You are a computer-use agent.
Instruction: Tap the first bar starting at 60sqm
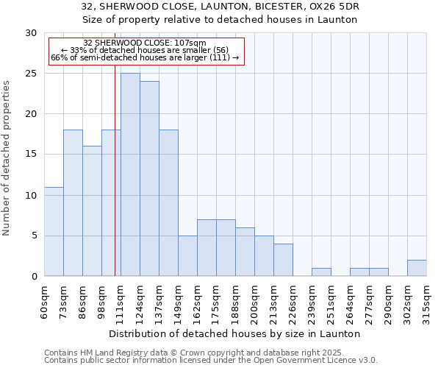point(54,231)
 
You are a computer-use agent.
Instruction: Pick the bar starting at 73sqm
point(73,203)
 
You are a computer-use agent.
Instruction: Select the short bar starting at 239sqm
point(321,272)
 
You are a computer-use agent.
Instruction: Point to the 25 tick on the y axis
point(31,74)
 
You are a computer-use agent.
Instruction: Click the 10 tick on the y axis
point(31,195)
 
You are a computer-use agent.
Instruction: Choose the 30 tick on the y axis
point(31,33)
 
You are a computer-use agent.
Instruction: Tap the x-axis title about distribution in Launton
point(235,333)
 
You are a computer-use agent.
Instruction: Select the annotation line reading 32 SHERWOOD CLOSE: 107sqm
point(145,43)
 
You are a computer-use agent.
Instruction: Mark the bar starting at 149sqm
point(187,255)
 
